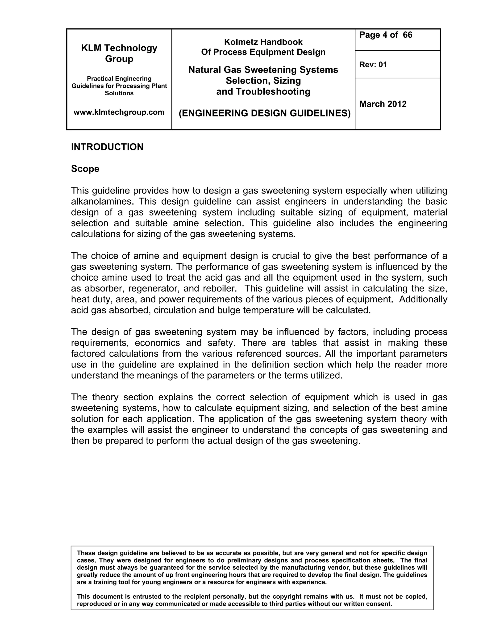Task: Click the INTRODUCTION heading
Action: pos(107,147)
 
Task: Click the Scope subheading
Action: pos(85,169)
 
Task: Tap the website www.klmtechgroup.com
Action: pos(119,112)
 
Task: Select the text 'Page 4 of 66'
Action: pos(386,35)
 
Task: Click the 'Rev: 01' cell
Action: pos(373,65)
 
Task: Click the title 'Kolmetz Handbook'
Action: pos(263,42)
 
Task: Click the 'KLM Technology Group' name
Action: pos(119,53)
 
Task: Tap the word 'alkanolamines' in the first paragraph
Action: pos(102,201)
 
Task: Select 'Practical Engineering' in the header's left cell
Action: pos(119,79)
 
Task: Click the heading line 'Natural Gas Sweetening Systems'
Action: pos(263,70)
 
